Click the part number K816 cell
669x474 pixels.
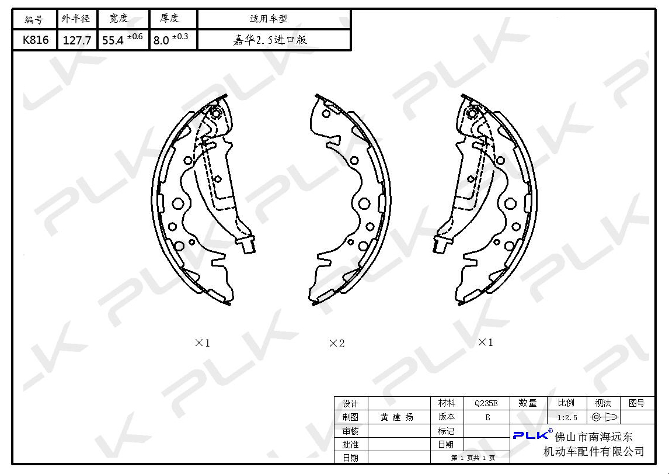[36, 40]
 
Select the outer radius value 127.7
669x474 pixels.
[77, 40]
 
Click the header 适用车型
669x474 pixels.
[269, 19]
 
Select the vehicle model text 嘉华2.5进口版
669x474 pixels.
[270, 40]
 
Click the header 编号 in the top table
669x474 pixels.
[34, 19]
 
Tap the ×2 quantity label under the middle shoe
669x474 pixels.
[337, 343]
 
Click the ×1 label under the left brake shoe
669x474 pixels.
[202, 343]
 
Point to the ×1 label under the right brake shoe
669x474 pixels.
[486, 342]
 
